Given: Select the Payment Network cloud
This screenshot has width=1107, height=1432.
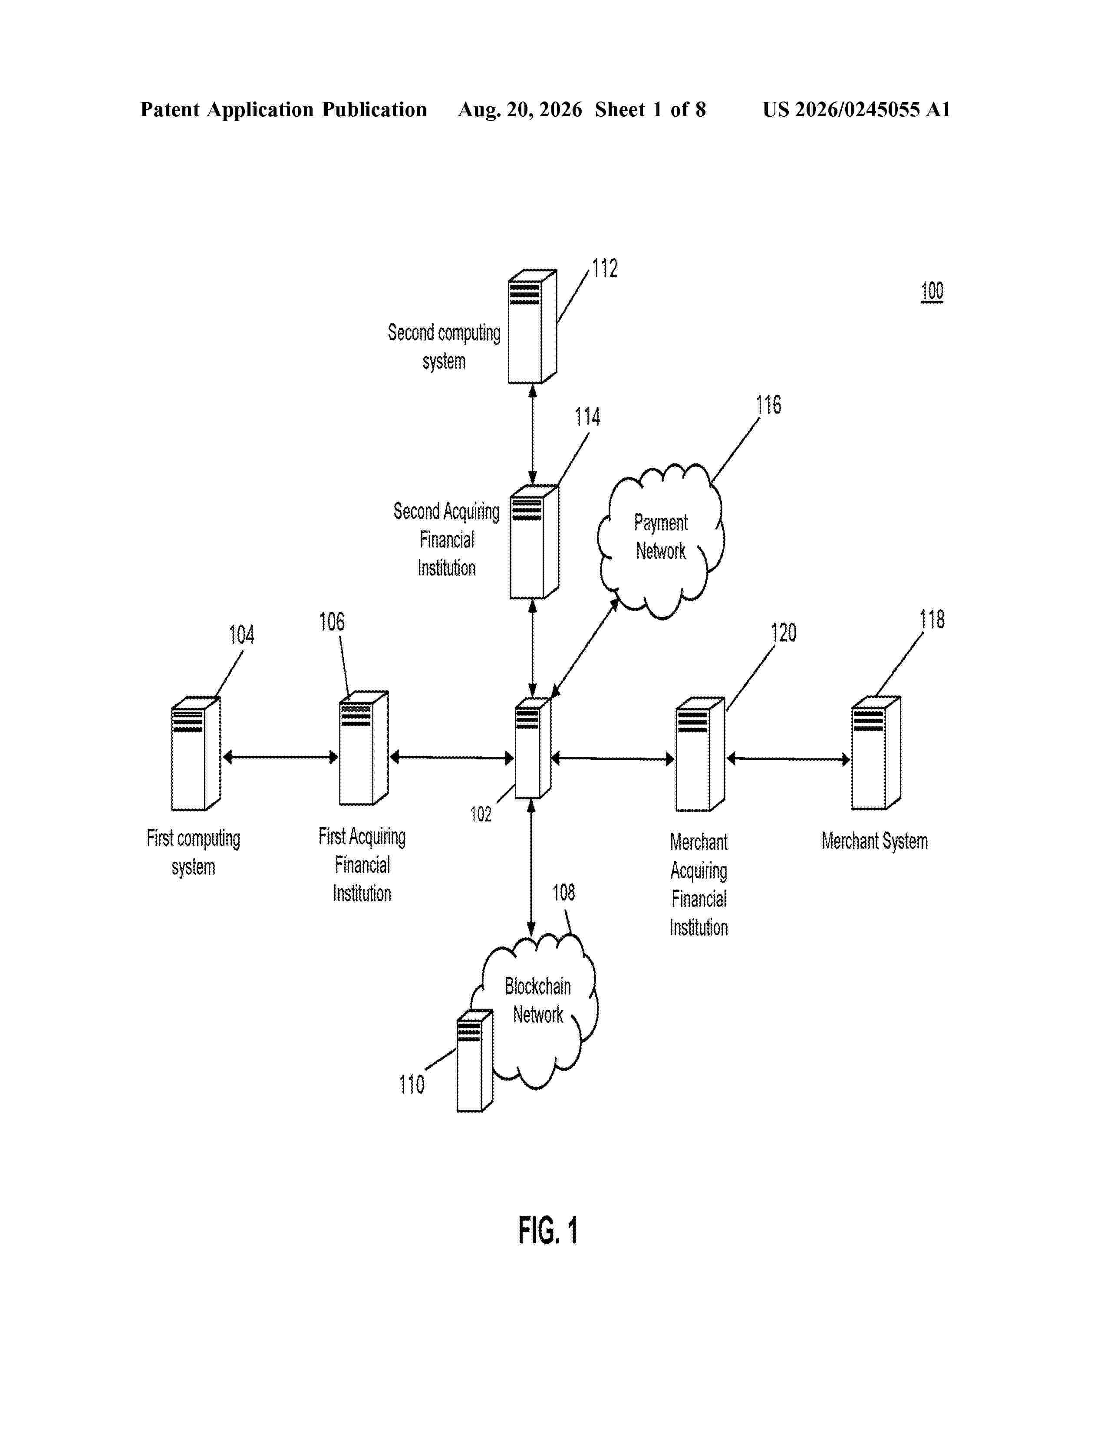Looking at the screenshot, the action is [x=660, y=541].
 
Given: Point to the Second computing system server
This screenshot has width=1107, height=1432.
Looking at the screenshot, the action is [x=533, y=326].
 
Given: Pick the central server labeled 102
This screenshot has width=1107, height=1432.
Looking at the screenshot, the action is [x=533, y=748].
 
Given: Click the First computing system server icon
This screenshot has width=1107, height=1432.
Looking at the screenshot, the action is [x=195, y=753].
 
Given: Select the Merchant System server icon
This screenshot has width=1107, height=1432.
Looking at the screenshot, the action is [x=876, y=753].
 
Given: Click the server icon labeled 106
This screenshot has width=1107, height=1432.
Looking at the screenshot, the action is [x=364, y=748].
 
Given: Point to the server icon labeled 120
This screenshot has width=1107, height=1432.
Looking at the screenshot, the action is [x=700, y=754].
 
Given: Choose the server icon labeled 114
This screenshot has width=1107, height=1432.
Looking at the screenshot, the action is [x=534, y=542].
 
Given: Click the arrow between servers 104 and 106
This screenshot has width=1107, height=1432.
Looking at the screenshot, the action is [x=280, y=757].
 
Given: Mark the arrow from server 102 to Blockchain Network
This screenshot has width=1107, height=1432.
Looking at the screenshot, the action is [x=531, y=868].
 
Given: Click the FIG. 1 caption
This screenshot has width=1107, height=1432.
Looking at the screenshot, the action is [x=548, y=1230].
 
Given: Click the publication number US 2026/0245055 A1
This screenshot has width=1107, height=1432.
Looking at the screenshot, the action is [x=857, y=109].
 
